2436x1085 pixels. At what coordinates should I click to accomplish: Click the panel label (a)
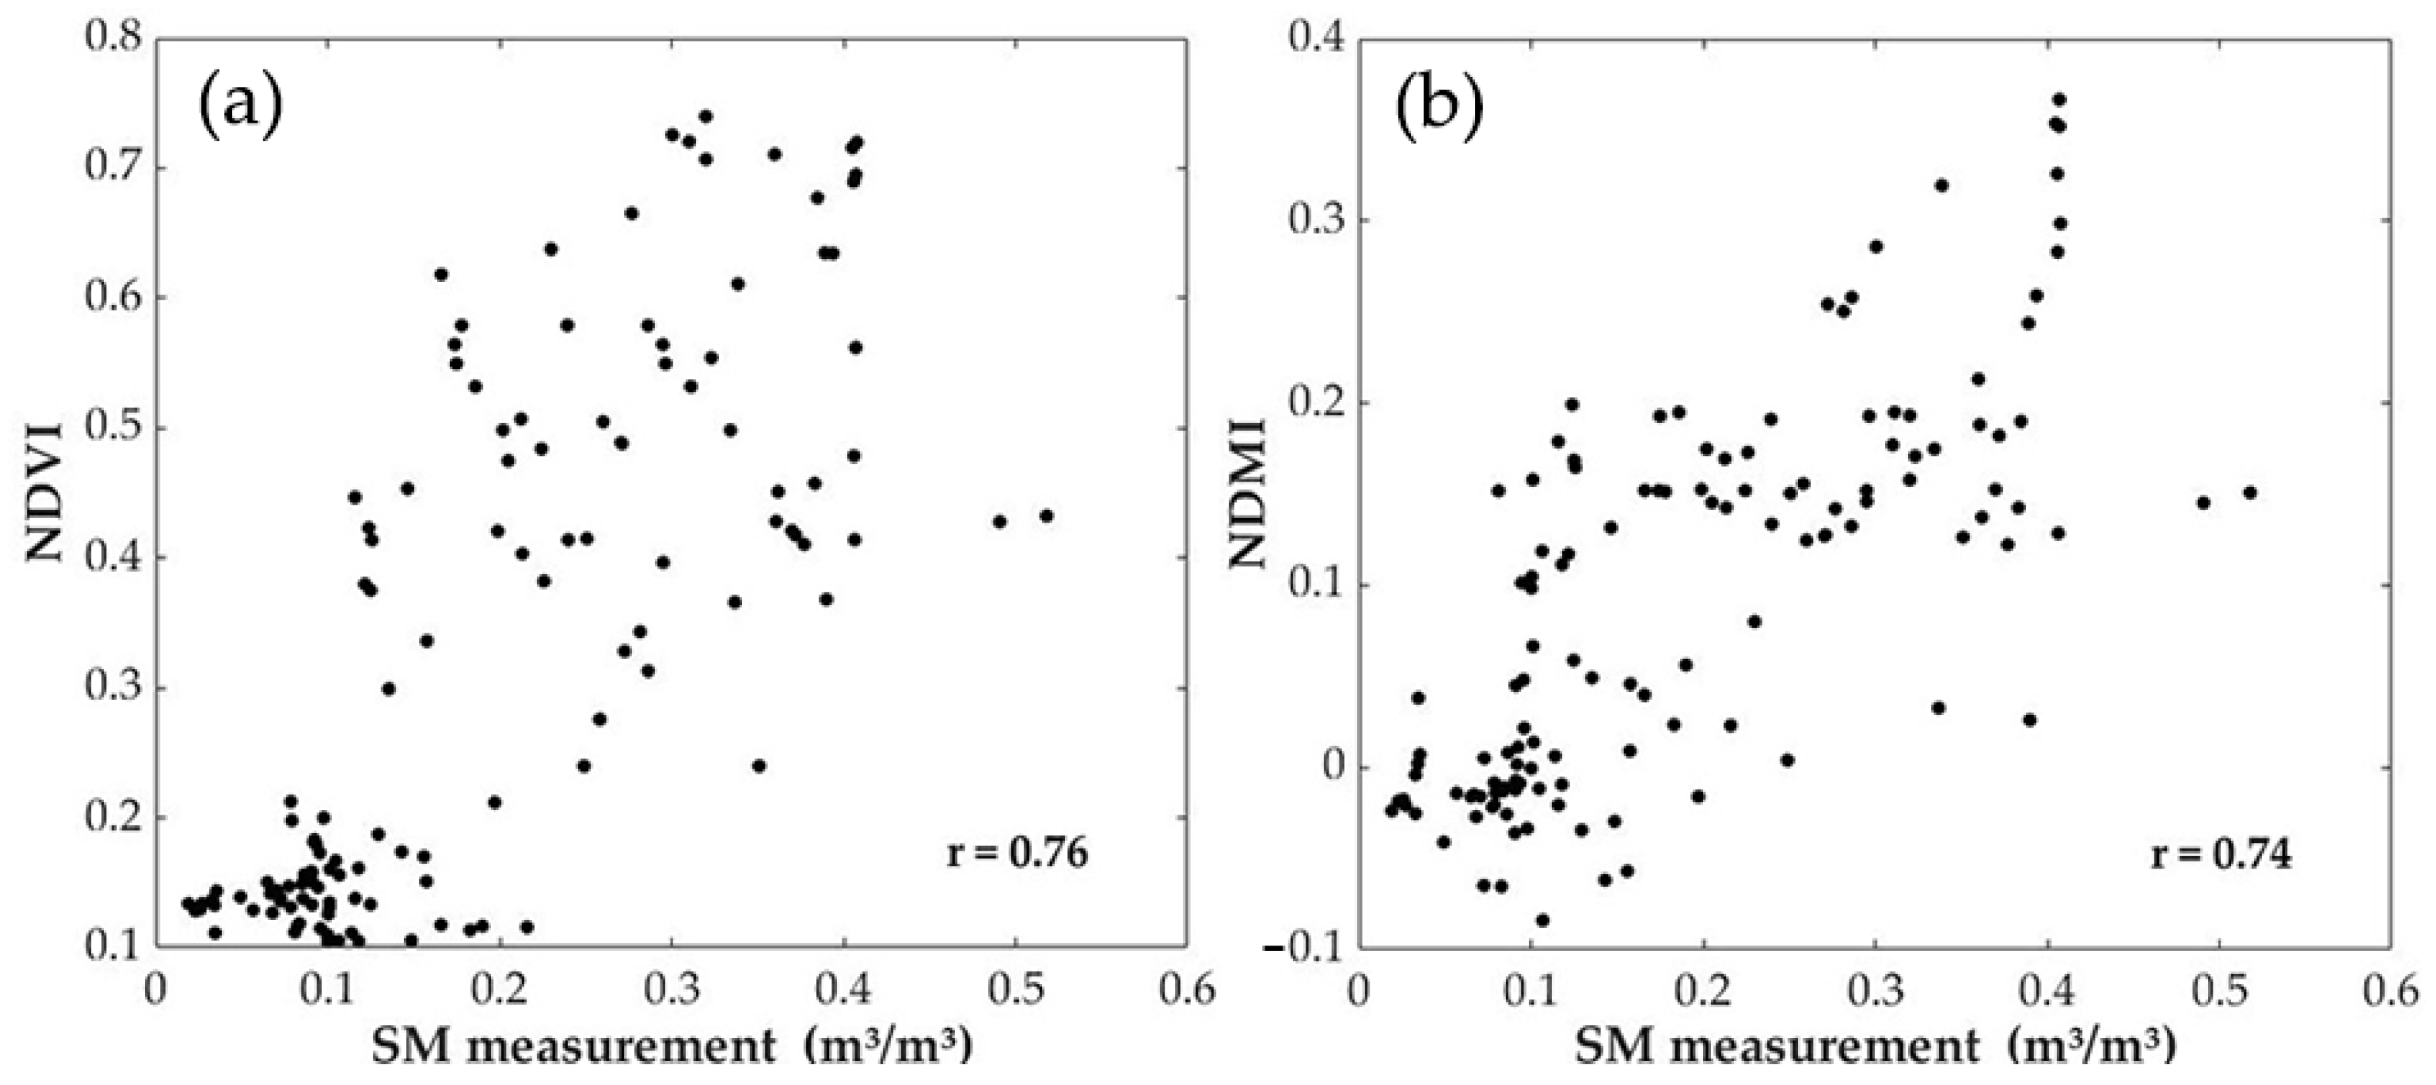[239, 107]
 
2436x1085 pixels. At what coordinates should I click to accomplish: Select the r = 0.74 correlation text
[2221, 855]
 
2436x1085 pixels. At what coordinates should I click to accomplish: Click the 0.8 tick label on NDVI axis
[113, 40]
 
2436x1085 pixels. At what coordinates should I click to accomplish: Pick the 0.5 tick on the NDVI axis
[113, 428]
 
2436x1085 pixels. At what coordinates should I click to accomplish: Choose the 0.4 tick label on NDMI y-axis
[1316, 40]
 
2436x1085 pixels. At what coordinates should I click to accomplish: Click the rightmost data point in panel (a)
[1046, 516]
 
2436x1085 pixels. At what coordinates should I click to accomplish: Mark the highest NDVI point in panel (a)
[705, 116]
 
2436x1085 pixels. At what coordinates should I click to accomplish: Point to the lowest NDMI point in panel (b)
[1542, 919]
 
